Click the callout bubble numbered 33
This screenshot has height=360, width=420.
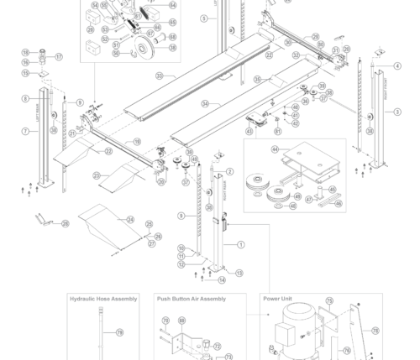pos(159,76)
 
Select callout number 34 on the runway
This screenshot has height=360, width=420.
pos(204,104)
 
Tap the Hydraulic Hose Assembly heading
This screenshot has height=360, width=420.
pos(103,299)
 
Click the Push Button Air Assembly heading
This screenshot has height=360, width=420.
pos(192,299)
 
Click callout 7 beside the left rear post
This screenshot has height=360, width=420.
pos(25,131)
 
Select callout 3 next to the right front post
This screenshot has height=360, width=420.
pos(397,112)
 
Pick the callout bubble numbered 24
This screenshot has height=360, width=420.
pos(130,219)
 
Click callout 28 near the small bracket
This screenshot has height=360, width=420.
pos(66,224)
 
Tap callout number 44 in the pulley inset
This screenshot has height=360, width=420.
pos(275,149)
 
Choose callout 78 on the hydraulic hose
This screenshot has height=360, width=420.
pos(119,333)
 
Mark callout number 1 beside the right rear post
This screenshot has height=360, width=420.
pos(241,245)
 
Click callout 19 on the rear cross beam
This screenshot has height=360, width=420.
pos(138,142)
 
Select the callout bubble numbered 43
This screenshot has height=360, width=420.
pos(249,132)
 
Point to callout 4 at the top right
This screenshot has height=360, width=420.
pos(397,66)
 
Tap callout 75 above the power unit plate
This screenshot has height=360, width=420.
pos(329,300)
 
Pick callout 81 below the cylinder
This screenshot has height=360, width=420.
pos(278,131)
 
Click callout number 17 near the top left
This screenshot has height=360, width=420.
pos(59,57)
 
